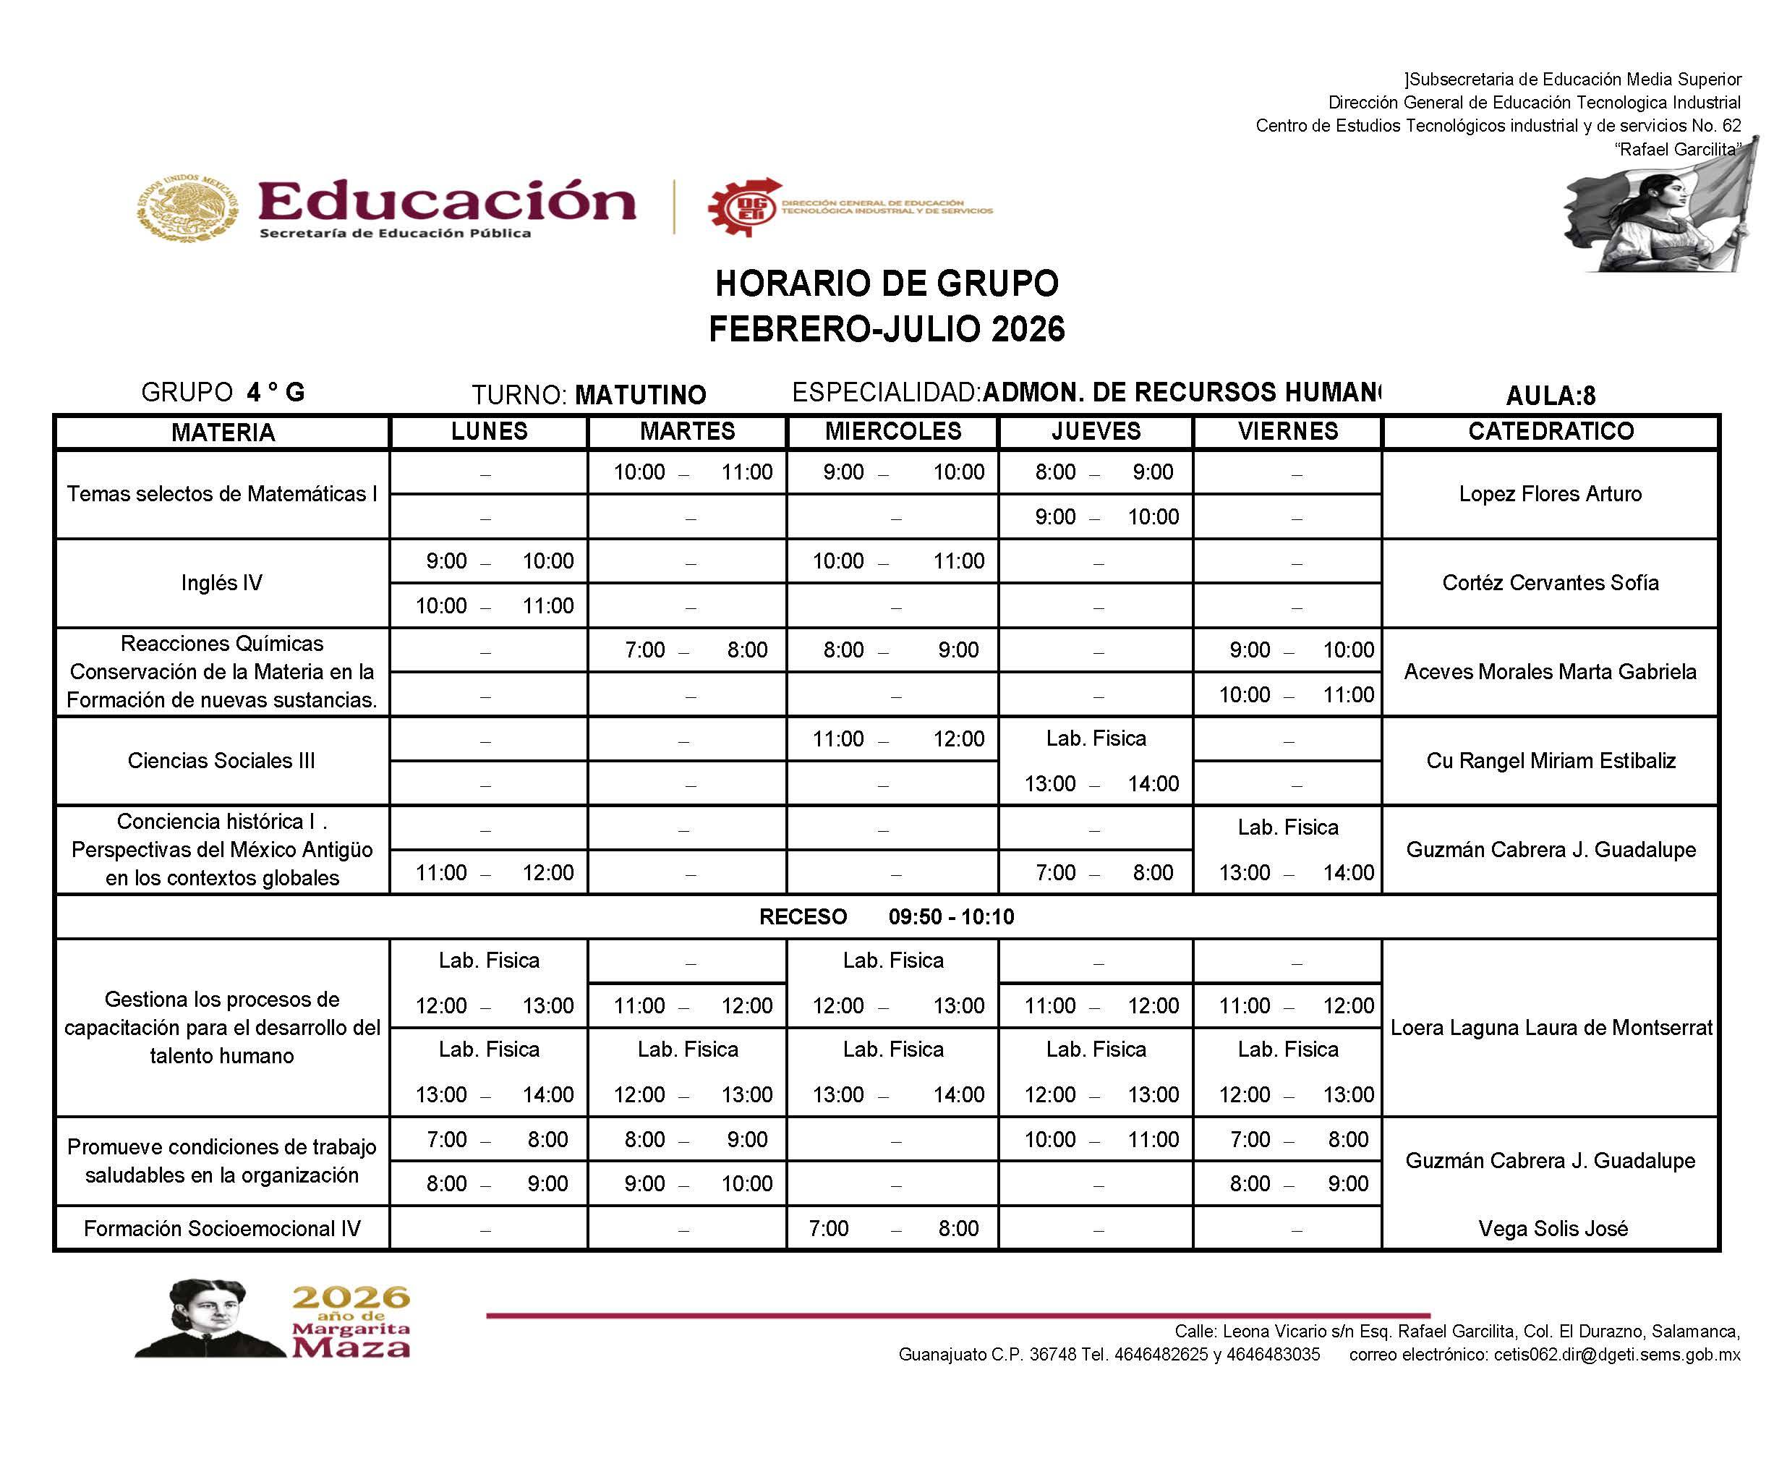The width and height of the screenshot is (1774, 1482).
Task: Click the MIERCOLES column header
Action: [x=893, y=431]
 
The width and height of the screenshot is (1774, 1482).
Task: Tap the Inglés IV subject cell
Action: [x=221, y=583]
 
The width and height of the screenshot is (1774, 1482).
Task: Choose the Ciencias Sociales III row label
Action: [x=221, y=760]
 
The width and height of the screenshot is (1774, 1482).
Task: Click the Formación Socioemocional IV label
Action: [x=221, y=1229]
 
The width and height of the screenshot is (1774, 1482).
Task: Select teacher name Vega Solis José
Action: [x=1553, y=1229]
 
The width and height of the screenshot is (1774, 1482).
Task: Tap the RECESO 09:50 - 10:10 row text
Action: [x=886, y=916]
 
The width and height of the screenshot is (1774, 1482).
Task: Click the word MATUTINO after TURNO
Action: [x=639, y=395]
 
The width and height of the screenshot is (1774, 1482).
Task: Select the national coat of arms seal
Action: [x=187, y=208]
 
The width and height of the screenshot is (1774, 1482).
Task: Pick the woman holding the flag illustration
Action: [x=1660, y=211]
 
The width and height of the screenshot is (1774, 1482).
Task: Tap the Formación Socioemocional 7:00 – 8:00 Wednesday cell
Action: [x=893, y=1229]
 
